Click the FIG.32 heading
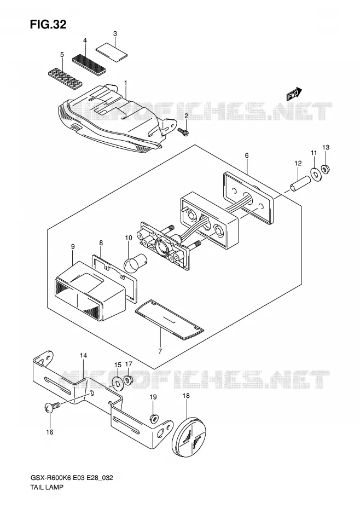[x=48, y=24]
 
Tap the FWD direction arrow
[x=294, y=95]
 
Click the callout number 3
[x=115, y=33]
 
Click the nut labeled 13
[x=326, y=169]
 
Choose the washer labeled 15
[x=117, y=383]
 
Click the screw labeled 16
[x=52, y=407]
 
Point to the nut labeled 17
[x=129, y=379]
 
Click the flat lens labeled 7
[x=169, y=320]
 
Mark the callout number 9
[x=73, y=247]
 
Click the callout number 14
[x=83, y=356]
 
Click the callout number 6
[x=247, y=155]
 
